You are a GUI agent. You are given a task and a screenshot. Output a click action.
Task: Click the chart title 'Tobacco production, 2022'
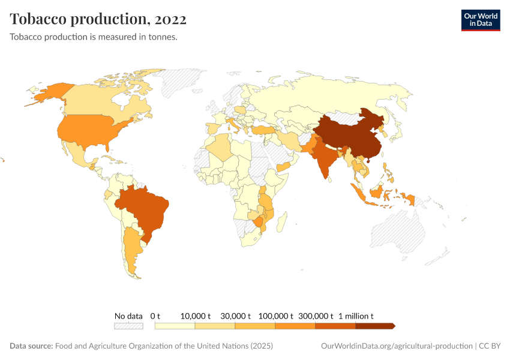tap(98, 19)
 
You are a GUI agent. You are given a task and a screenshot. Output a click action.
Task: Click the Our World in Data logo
tap(480, 20)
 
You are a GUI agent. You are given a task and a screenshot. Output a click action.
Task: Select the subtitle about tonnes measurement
tap(93, 37)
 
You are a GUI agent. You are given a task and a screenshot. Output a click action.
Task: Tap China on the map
tap(348, 135)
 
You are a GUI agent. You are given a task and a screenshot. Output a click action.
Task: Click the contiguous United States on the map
tap(90, 132)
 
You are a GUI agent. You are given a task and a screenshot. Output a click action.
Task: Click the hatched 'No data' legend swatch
tap(128, 326)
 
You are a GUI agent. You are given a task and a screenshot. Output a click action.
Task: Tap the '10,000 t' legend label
tap(196, 316)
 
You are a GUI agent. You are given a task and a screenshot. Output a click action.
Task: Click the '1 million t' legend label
tap(356, 316)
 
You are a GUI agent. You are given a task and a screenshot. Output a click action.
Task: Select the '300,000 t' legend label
tap(316, 316)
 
